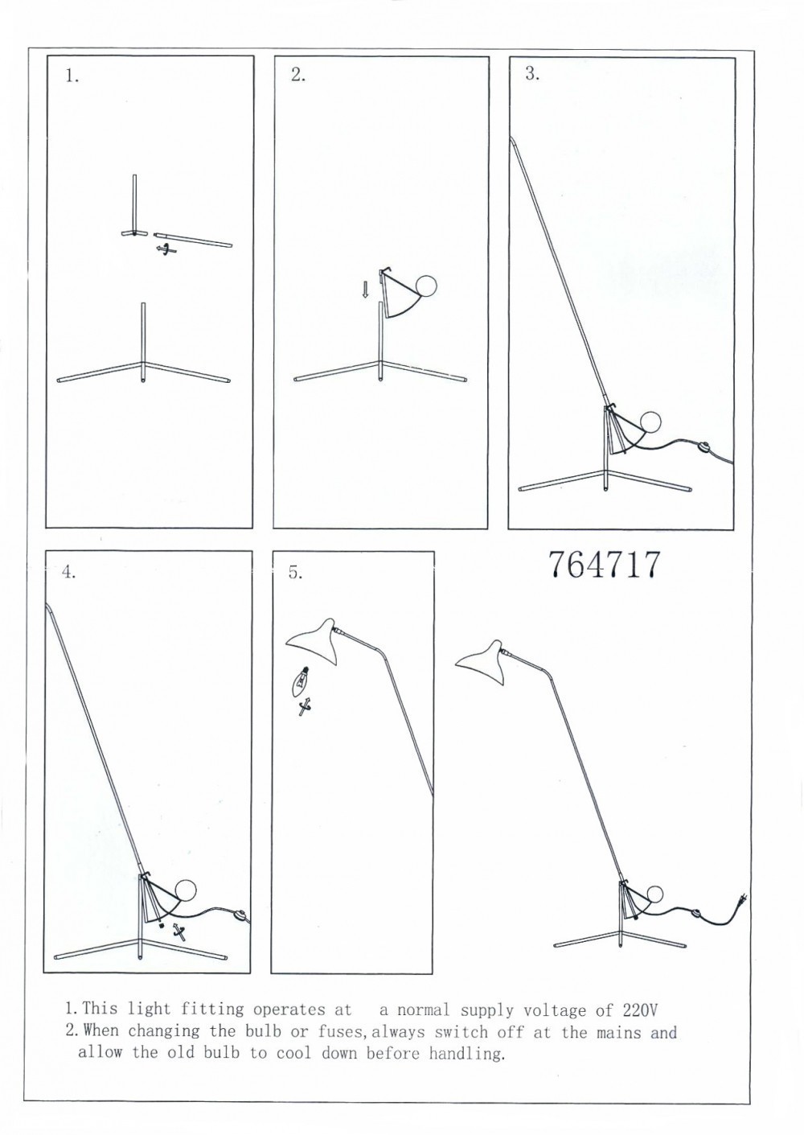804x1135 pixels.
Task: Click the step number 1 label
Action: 72,76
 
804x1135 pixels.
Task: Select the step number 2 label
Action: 298,75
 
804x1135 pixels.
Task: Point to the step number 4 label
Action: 69,573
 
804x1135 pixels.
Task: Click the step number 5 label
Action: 296,573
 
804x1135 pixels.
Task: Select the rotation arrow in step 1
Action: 166,249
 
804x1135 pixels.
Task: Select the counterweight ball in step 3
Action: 650,422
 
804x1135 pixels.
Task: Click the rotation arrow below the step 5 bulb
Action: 304,705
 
